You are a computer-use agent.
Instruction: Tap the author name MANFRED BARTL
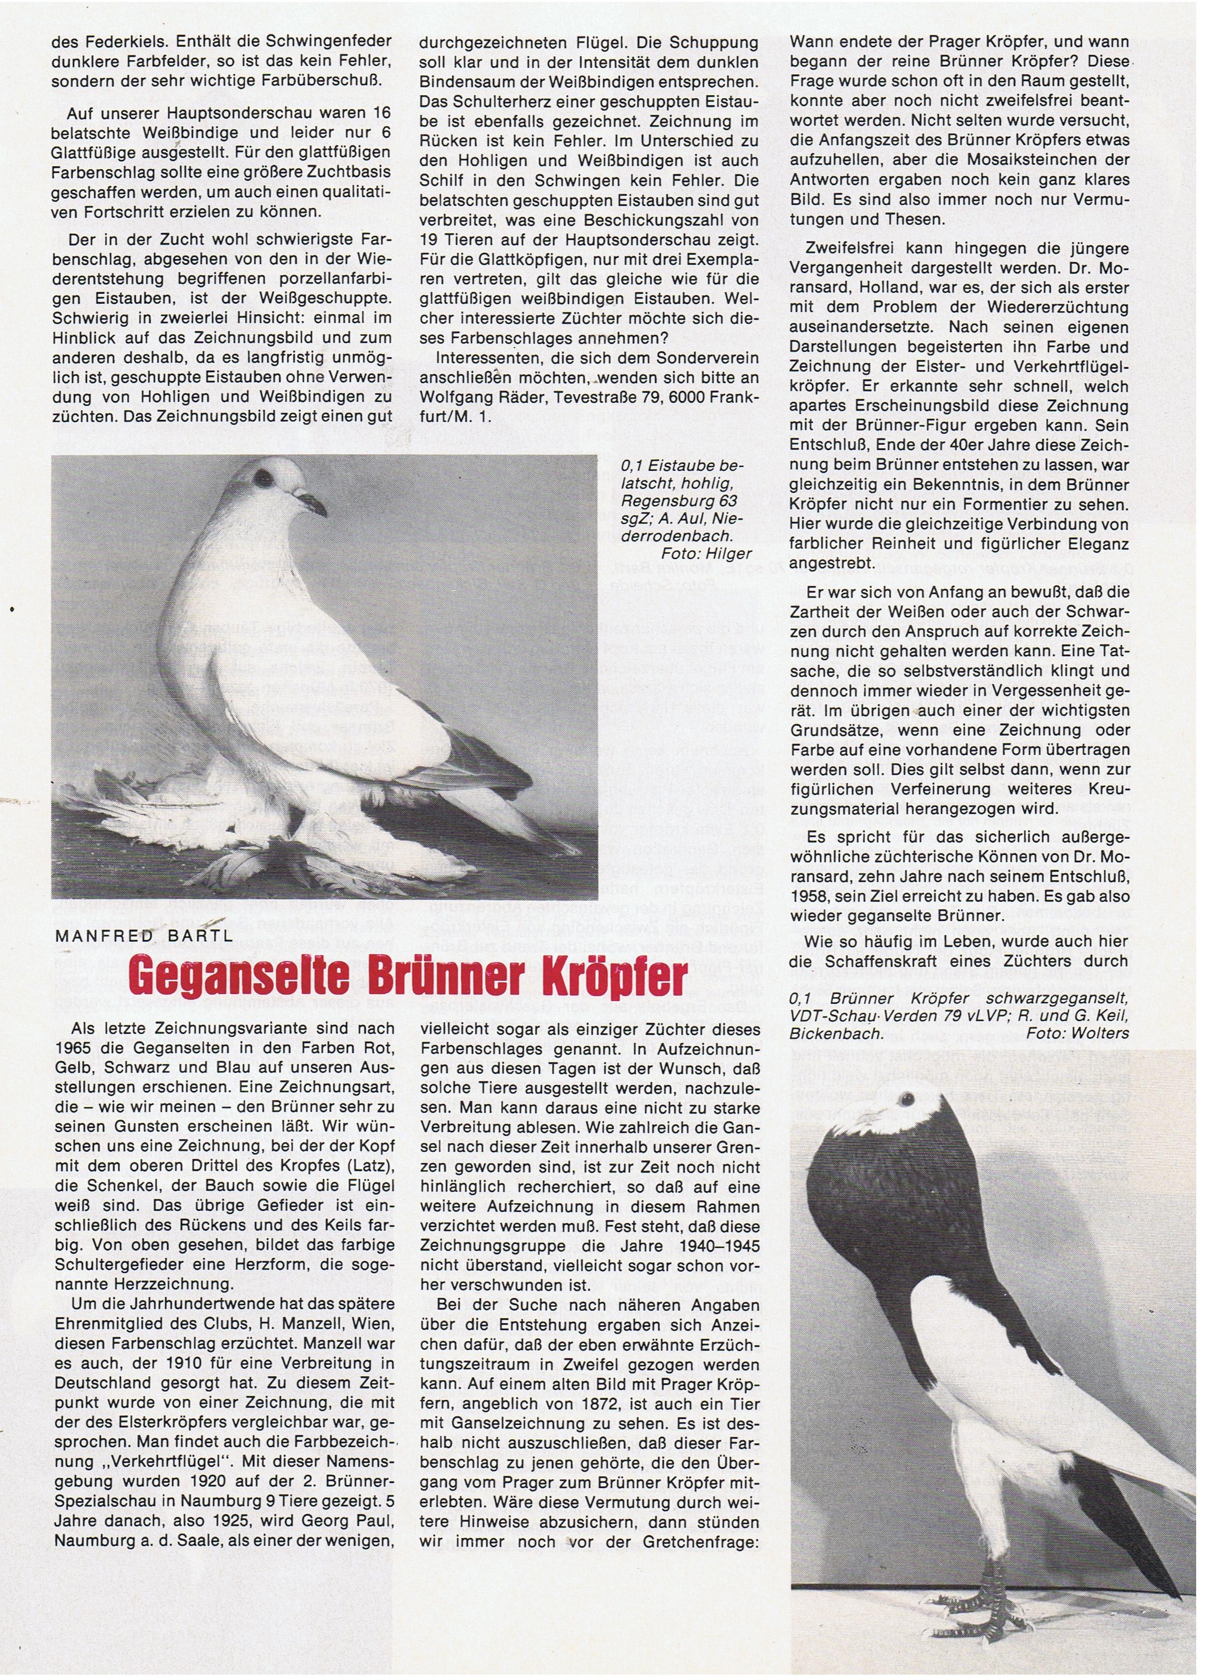pos(144,935)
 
